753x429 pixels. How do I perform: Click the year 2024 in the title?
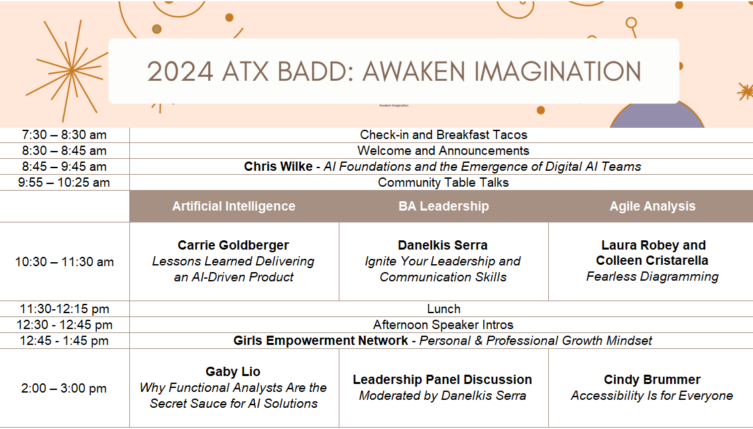click(x=180, y=71)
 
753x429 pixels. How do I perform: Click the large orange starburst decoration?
click(x=71, y=70)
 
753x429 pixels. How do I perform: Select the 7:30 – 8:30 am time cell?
click(x=64, y=135)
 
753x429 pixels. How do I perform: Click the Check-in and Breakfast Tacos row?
click(x=443, y=135)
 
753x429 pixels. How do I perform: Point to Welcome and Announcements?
click(x=443, y=151)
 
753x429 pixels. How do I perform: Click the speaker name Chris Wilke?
click(x=278, y=167)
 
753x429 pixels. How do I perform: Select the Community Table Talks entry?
click(x=443, y=182)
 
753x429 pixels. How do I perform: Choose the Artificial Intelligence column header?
click(x=234, y=207)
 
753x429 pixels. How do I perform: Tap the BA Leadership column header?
click(x=443, y=207)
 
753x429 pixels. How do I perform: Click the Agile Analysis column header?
click(x=653, y=207)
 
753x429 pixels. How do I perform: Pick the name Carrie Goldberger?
click(x=233, y=245)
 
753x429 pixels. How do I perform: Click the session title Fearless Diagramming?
click(x=653, y=277)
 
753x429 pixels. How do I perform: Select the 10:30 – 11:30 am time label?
click(x=64, y=262)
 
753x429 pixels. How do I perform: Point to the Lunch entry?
click(x=443, y=309)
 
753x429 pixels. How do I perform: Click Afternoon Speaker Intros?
click(x=443, y=325)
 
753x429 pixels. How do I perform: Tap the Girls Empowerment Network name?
click(x=320, y=341)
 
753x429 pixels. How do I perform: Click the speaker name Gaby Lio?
click(x=233, y=371)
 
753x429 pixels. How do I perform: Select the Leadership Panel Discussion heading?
click(x=442, y=379)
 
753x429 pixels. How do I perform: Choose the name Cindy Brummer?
click(x=652, y=379)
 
